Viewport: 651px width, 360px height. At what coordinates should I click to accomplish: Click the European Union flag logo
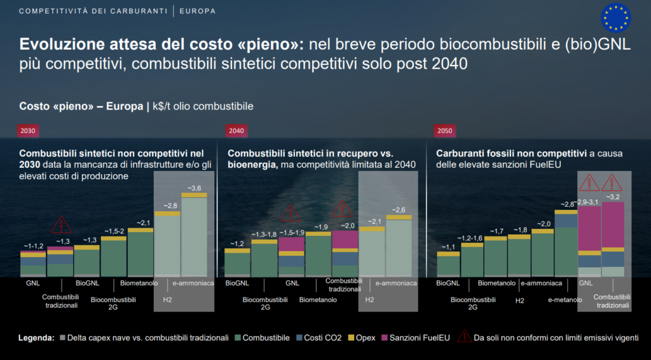tap(615, 17)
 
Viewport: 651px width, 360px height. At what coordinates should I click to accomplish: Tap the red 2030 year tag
tap(29, 131)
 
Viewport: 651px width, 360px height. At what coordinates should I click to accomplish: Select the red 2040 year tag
tap(236, 131)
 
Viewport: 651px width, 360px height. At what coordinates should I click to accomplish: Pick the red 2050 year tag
tap(444, 131)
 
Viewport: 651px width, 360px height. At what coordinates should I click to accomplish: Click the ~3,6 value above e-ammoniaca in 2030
tap(194, 188)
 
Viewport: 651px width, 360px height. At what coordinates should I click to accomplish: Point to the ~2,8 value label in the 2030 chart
tap(167, 205)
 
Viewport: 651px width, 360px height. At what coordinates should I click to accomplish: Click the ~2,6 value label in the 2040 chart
tap(399, 210)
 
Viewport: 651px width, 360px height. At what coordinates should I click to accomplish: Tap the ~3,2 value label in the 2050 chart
tap(613, 197)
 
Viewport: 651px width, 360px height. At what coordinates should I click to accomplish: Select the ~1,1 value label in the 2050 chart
tap(448, 247)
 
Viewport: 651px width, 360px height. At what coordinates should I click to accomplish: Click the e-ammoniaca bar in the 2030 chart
tap(194, 235)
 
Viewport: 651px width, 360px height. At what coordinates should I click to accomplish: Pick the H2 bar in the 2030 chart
tap(167, 245)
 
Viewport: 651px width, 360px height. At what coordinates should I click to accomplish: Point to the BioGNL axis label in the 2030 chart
tap(87, 283)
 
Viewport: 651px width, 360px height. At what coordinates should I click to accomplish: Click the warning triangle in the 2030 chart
tap(62, 225)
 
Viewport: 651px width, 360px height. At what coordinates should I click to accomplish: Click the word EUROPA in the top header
tap(198, 11)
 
